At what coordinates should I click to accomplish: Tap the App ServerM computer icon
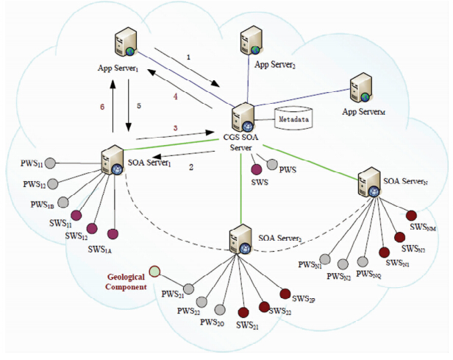coord(360,88)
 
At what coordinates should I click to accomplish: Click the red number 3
coord(174,129)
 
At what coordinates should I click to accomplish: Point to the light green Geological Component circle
coord(154,272)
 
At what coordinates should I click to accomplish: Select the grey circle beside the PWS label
coord(273,166)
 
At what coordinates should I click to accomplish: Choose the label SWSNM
coord(423,228)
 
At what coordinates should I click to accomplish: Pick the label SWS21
coord(247,325)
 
